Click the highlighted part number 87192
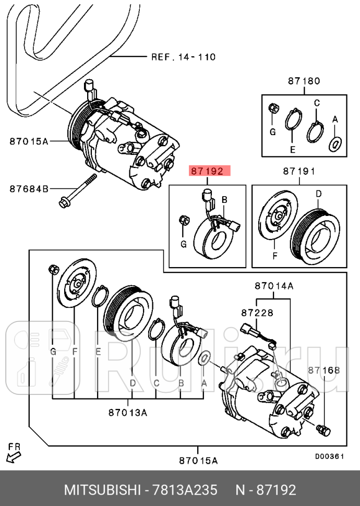[x=207, y=171]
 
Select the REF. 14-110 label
[x=183, y=57]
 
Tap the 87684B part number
[x=29, y=188]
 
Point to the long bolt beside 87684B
[x=78, y=191]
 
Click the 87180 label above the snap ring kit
[x=303, y=81]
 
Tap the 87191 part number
[x=299, y=171]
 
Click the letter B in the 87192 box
[x=224, y=200]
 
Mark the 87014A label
[x=274, y=286]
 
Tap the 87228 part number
[x=257, y=312]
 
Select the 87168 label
[x=323, y=370]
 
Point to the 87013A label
[x=127, y=413]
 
